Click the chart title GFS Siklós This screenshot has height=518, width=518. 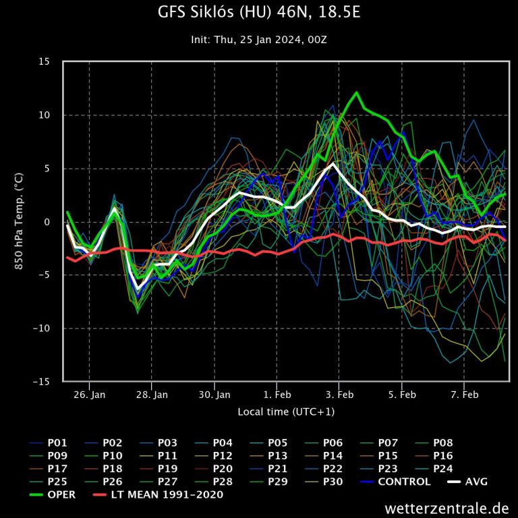pyautogui.click(x=258, y=13)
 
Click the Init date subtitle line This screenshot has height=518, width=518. pyautogui.click(x=259, y=40)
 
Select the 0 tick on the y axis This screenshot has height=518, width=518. pyautogui.click(x=47, y=222)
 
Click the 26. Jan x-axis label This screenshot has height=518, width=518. pyautogui.click(x=89, y=395)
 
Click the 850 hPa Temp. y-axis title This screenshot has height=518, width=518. pyautogui.click(x=20, y=221)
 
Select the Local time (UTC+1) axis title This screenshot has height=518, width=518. pyautogui.click(x=286, y=411)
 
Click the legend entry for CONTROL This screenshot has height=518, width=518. pyautogui.click(x=404, y=482)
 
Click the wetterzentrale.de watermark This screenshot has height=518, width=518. pyautogui.click(x=447, y=507)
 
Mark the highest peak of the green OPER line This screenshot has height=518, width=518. pyautogui.click(x=356, y=92)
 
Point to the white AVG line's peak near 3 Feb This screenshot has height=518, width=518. pyautogui.click(x=333, y=164)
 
